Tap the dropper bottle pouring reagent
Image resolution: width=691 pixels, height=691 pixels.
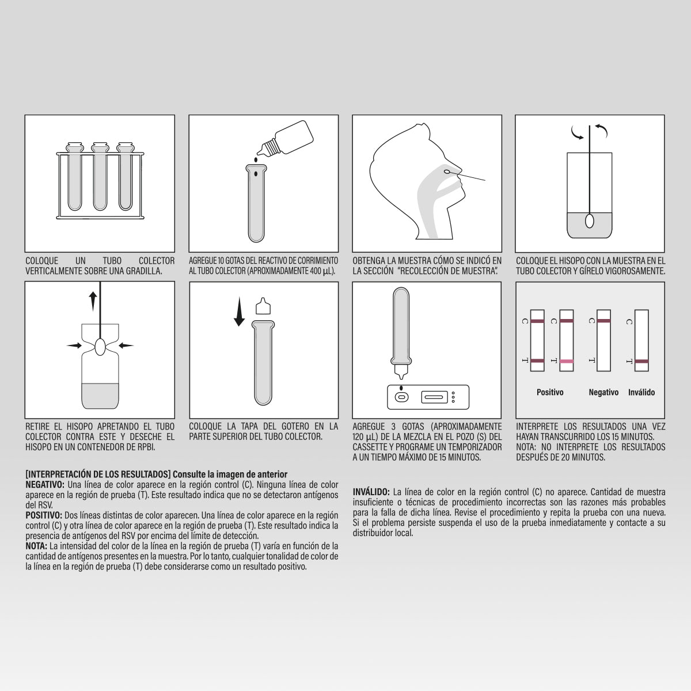(x=285, y=138)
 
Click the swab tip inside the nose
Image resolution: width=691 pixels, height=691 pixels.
(x=446, y=172)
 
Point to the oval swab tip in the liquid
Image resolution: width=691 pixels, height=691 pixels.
(x=589, y=221)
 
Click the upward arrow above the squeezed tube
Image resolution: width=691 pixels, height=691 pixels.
(x=93, y=301)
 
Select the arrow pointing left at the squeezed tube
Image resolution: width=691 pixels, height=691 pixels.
(x=126, y=345)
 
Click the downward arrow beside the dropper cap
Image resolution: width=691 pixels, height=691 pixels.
(x=239, y=312)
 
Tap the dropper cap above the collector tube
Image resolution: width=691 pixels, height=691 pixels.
(x=263, y=306)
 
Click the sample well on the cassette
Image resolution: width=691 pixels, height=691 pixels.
(x=401, y=397)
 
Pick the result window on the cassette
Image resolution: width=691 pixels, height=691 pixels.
(x=434, y=397)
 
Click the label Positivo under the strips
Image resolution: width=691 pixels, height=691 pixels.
(x=550, y=392)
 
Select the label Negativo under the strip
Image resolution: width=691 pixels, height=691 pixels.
(x=603, y=392)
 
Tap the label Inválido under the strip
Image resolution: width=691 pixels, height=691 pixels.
(x=641, y=392)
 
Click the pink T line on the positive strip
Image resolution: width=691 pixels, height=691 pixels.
(x=567, y=362)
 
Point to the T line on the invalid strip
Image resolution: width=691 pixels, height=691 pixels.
(x=641, y=361)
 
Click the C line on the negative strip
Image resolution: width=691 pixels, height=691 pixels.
(x=604, y=321)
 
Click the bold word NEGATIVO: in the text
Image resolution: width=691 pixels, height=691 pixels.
(x=45, y=485)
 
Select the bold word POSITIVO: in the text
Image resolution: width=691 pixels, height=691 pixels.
(x=44, y=515)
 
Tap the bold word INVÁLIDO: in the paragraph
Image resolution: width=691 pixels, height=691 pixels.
(x=371, y=492)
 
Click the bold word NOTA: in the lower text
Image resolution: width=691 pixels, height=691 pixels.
(x=36, y=546)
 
